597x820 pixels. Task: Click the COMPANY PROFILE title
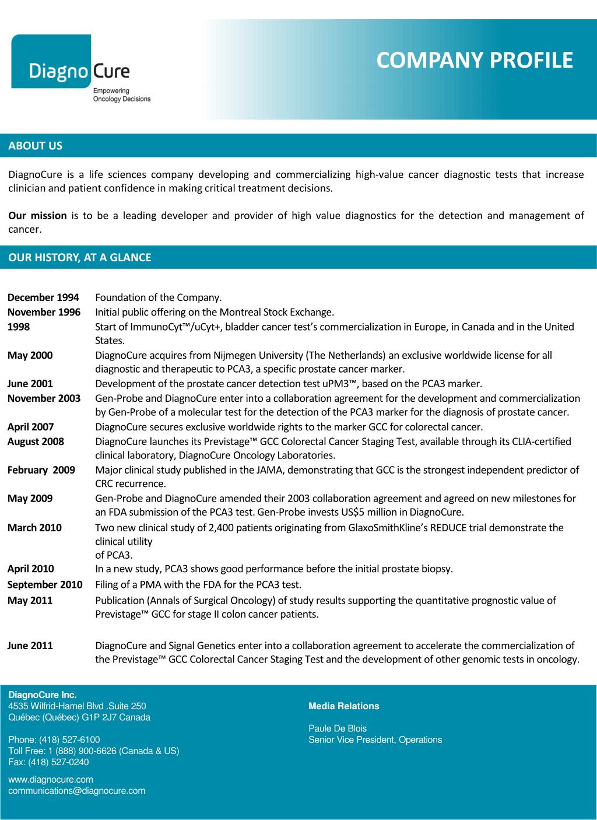[x=474, y=60]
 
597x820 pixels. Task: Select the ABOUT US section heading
[x=35, y=146]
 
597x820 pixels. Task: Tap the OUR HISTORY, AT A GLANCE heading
[x=79, y=257]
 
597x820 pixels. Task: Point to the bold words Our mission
[x=37, y=216]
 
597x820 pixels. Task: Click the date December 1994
[x=43, y=297]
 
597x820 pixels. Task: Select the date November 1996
[x=44, y=312]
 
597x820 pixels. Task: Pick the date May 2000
[x=30, y=355]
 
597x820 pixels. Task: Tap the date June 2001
[x=30, y=384]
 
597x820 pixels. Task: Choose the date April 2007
[x=30, y=427]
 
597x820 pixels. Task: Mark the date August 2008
[x=36, y=441]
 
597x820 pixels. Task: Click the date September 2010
[x=45, y=584]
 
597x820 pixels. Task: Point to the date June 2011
[x=30, y=646]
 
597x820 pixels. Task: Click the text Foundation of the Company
[x=159, y=297]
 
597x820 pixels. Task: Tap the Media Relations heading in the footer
[x=343, y=706]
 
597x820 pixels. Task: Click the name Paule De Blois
[x=338, y=728]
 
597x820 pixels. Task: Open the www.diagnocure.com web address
[x=51, y=780]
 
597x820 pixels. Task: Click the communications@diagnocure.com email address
[x=76, y=791]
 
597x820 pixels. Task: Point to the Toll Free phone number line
[x=93, y=751]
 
